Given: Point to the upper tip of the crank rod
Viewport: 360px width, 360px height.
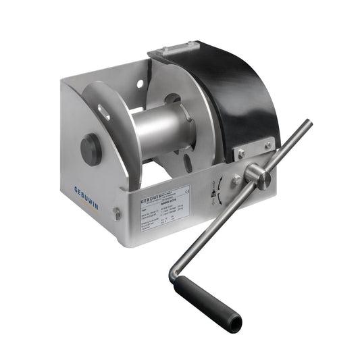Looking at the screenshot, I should (x=308, y=124).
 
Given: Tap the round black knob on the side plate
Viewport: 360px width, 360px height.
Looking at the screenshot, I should (x=92, y=149).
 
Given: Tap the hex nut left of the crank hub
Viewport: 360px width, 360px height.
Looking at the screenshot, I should (x=236, y=181).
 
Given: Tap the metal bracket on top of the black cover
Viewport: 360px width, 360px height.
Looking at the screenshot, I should (x=172, y=49).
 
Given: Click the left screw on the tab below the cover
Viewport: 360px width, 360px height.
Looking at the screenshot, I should (x=240, y=154).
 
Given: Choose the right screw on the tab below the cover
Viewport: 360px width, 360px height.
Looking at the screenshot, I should (x=268, y=145).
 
